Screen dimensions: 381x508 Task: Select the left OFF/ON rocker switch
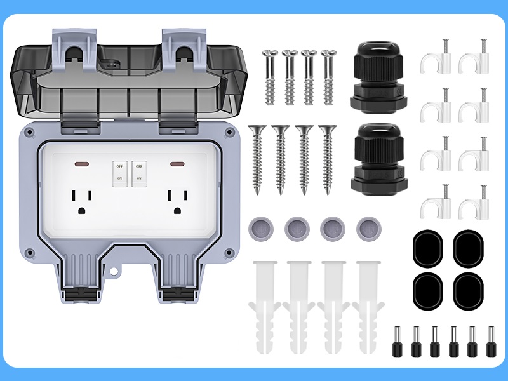click(118, 171)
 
